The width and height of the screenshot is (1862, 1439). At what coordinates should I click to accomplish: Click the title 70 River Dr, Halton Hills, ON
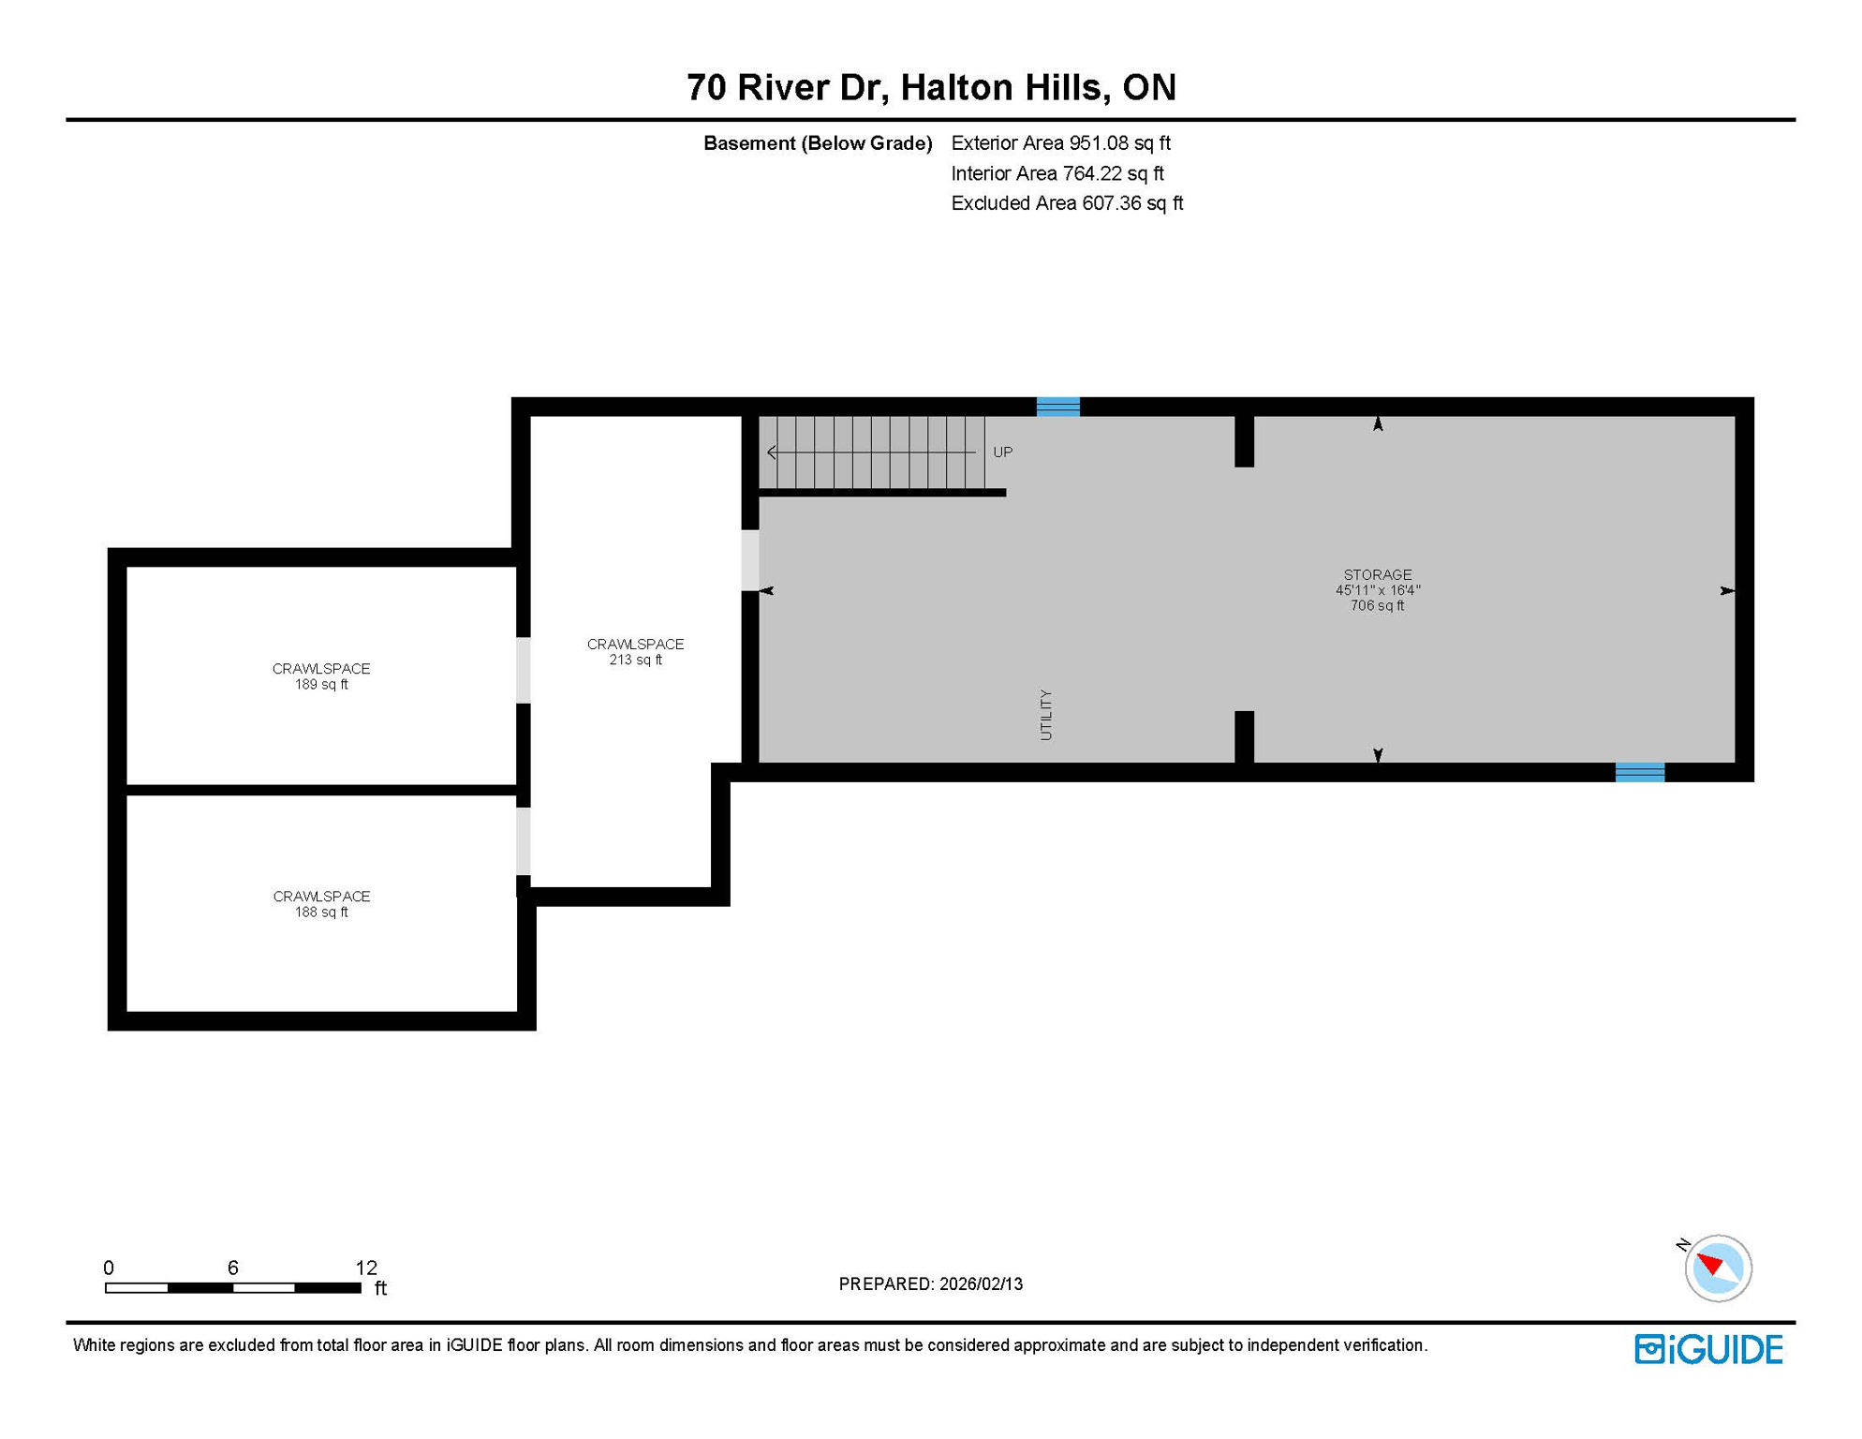point(930,87)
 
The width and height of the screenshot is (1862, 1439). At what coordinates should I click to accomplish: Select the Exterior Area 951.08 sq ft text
point(1060,143)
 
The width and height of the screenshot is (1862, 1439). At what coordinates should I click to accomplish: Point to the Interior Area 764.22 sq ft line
point(1057,173)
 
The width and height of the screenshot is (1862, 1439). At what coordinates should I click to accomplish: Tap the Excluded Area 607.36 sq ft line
point(1067,203)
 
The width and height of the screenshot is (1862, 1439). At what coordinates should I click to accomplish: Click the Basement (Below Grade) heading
point(817,143)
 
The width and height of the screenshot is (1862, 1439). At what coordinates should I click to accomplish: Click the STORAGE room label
point(1377,574)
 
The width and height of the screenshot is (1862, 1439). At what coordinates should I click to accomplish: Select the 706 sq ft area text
point(1377,606)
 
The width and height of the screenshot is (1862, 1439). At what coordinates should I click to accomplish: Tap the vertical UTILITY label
point(1046,715)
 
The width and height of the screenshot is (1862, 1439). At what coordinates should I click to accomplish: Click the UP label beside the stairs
point(1002,452)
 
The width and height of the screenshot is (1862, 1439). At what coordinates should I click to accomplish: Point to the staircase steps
point(871,452)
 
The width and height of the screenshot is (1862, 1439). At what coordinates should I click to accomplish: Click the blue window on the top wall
point(1057,407)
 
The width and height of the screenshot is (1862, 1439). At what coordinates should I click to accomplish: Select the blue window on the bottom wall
point(1639,772)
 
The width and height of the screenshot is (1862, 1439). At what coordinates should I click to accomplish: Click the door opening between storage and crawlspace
point(750,560)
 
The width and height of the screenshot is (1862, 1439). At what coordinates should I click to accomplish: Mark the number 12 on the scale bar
point(366,1268)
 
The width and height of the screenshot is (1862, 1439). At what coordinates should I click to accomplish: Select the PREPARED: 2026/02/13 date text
point(930,1284)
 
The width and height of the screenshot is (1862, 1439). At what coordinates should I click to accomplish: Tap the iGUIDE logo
point(1708,1349)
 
